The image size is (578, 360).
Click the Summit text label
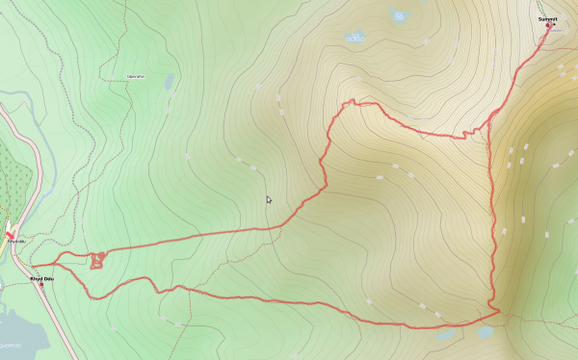tap(547, 18)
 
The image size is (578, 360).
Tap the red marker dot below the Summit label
tap(548, 26)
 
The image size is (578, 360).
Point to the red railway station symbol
tap(10, 235)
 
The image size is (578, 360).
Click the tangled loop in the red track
tap(97, 260)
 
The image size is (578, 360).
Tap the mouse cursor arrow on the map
tap(269, 200)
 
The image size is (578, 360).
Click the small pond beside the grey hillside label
tap(170, 83)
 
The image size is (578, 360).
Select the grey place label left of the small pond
tap(136, 75)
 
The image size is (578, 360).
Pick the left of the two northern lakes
tap(355, 38)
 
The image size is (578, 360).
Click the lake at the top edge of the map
tap(399, 14)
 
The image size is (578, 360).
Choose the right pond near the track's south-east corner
tap(485, 332)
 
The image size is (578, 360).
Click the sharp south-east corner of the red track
tap(498, 311)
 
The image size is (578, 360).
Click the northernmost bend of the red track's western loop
tap(355, 100)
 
